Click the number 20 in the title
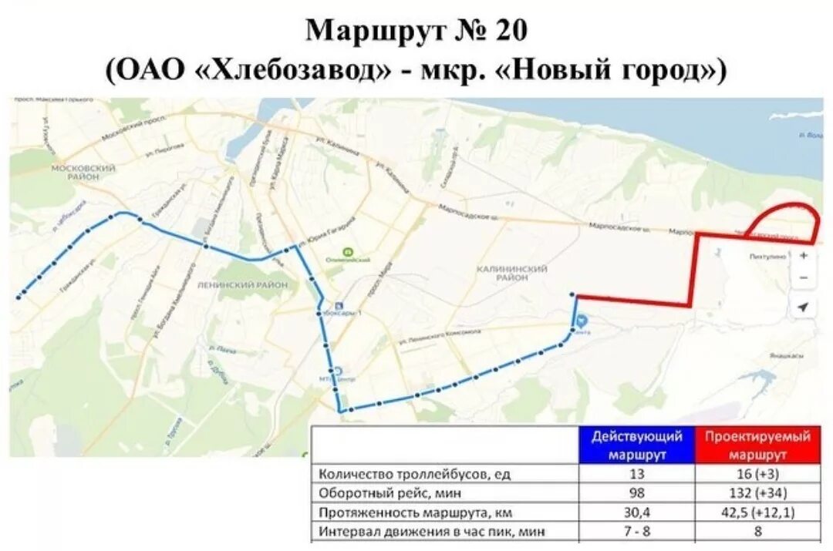click(507, 31)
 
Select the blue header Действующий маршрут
click(637, 445)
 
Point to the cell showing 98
click(637, 492)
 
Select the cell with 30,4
click(637, 512)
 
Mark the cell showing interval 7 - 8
click(637, 531)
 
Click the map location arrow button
click(803, 307)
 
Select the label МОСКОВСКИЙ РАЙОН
click(83, 172)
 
